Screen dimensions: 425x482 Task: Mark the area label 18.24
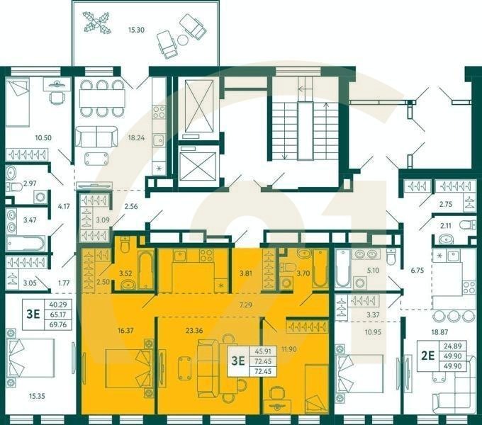pyautogui.click(x=136, y=139)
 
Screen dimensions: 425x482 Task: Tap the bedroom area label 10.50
pyautogui.click(x=34, y=139)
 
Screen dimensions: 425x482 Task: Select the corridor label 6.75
pyautogui.click(x=417, y=269)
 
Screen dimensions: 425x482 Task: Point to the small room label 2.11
pyautogui.click(x=446, y=226)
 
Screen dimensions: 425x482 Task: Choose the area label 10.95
pyautogui.click(x=372, y=331)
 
